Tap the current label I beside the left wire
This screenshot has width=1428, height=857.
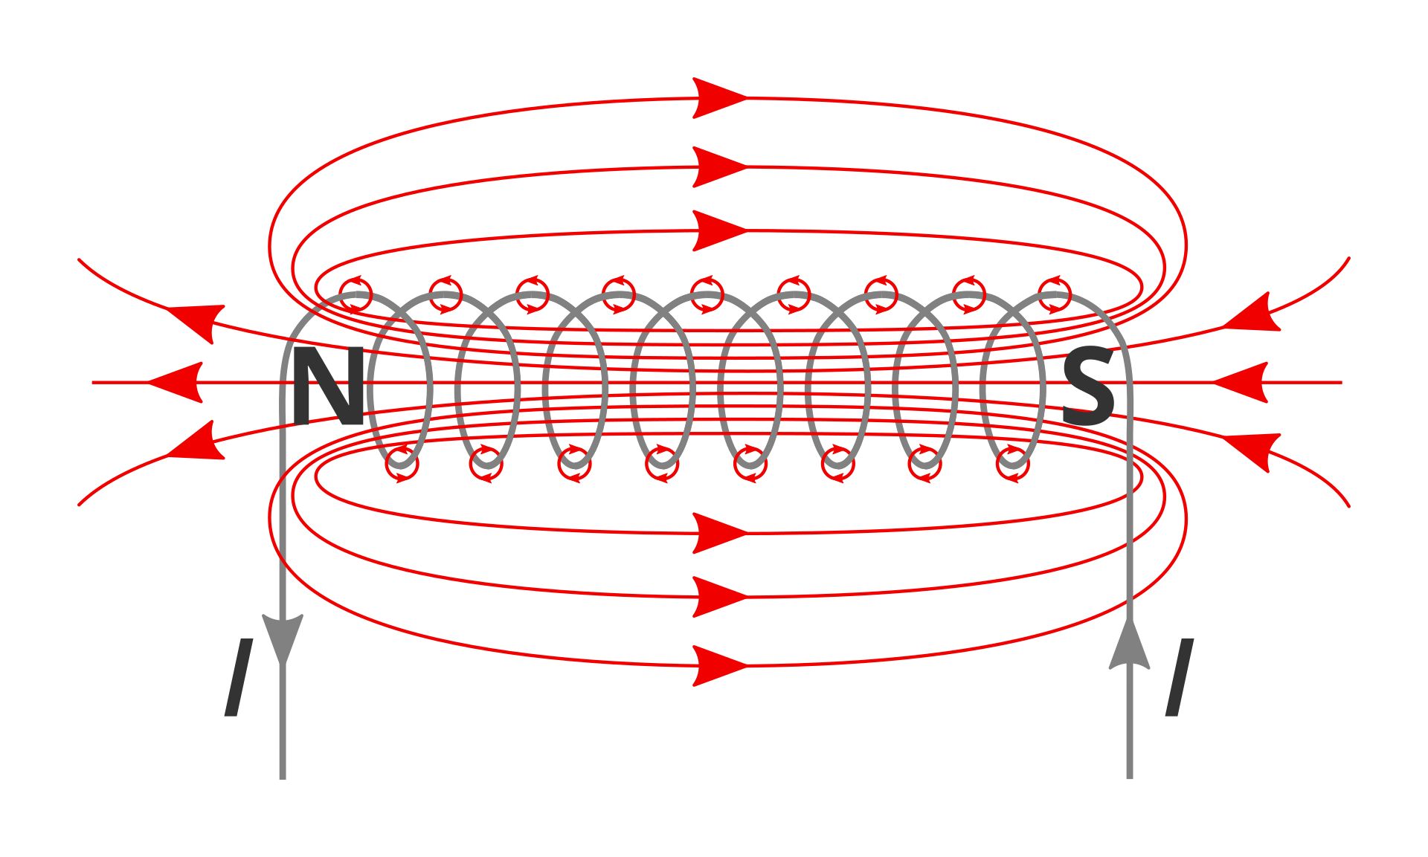(238, 677)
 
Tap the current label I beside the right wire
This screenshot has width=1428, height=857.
(1179, 677)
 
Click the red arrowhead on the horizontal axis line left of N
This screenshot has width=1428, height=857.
(178, 383)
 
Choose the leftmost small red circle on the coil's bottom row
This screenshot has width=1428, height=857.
(402, 465)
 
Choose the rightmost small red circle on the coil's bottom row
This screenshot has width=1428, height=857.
(1013, 465)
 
